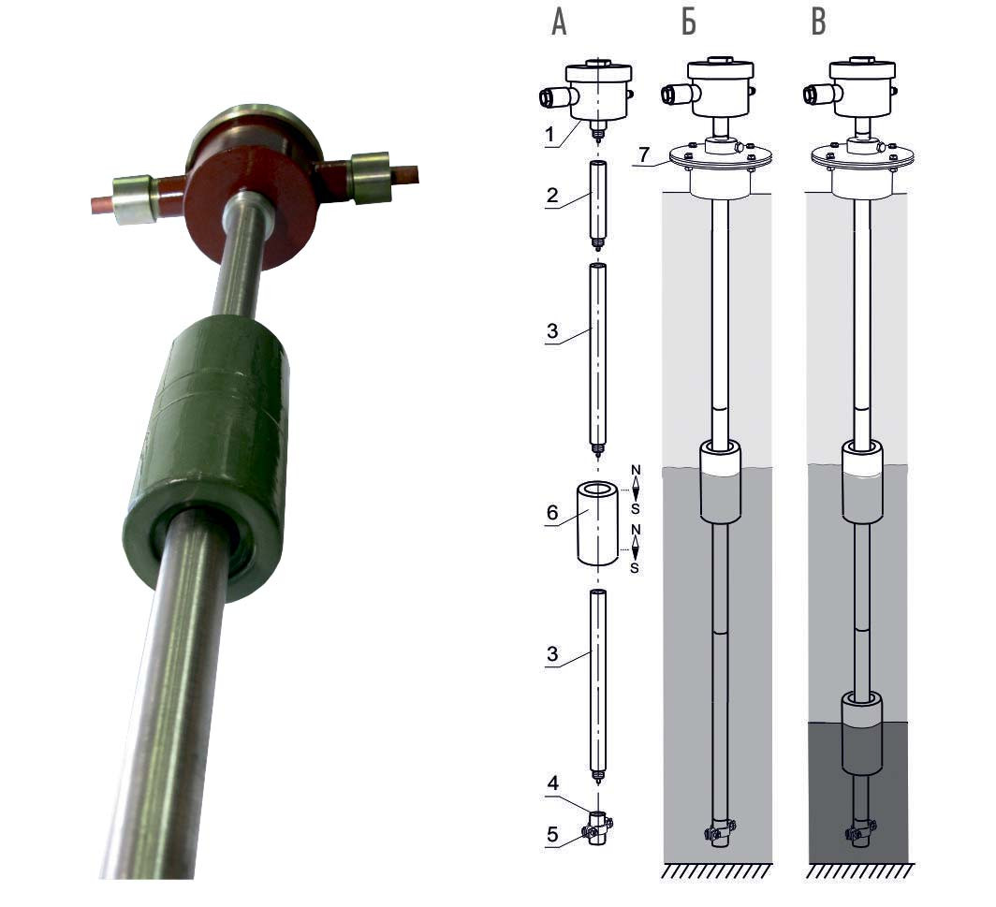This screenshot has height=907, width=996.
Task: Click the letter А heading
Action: [559, 22]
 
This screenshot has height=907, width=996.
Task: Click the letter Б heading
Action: [689, 22]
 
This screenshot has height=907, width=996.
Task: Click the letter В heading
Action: [819, 22]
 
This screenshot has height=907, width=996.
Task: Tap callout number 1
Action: [550, 134]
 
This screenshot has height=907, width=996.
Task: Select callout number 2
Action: [552, 195]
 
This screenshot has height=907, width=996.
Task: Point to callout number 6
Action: [552, 513]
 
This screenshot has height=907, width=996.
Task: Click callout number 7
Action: [644, 154]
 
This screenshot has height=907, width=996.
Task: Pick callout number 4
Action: [552, 783]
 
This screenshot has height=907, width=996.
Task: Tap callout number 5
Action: [552, 834]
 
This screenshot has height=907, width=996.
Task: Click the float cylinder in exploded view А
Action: [597, 522]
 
